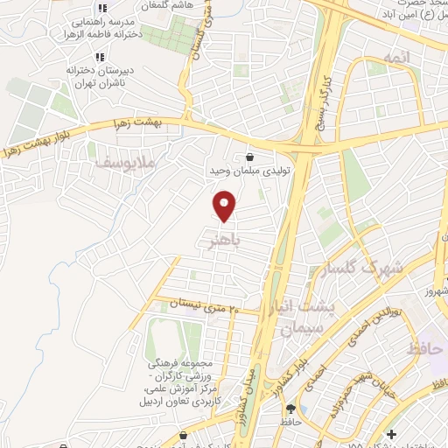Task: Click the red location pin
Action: point(225,206)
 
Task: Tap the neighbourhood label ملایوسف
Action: point(120,161)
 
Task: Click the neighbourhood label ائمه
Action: point(395,58)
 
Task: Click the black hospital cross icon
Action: point(392,433)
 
